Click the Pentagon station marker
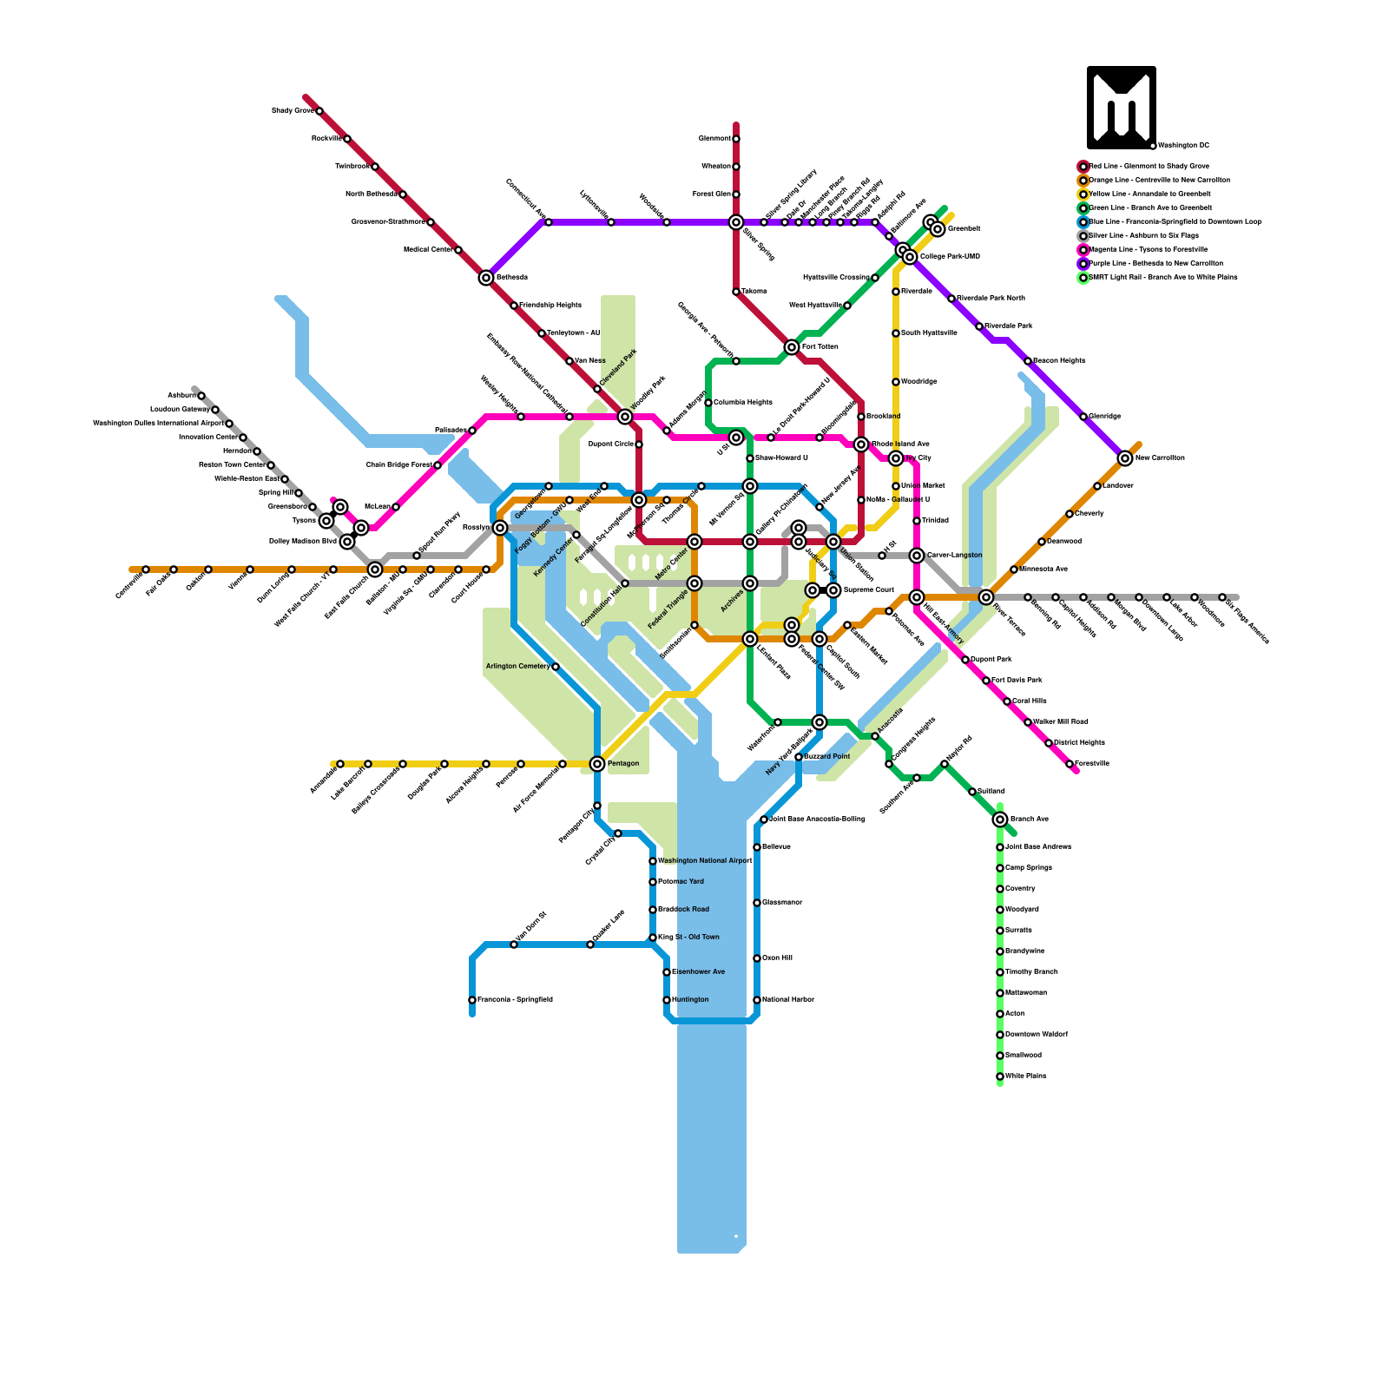(597, 764)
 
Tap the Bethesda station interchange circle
(486, 278)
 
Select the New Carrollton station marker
(1125, 458)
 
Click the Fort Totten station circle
(792, 347)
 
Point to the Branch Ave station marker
(1000, 820)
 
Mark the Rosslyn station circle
(500, 528)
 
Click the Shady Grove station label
(292, 111)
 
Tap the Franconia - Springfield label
(515, 1000)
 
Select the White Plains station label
(1025, 1076)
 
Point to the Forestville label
(1092, 764)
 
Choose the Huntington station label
(690, 1000)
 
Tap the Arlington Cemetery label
(517, 667)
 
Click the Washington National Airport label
(705, 861)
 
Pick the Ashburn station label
(181, 396)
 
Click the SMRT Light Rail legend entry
(1162, 277)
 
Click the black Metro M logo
(1122, 108)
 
